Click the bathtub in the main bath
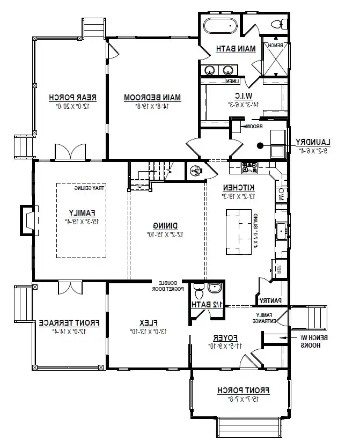pos(219,25)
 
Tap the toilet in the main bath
pos(277,24)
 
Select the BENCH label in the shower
pos(275,46)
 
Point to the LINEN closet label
pos(232,81)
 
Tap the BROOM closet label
pos(253,126)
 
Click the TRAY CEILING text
pos(89,188)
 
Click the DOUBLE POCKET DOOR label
pos(171,285)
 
